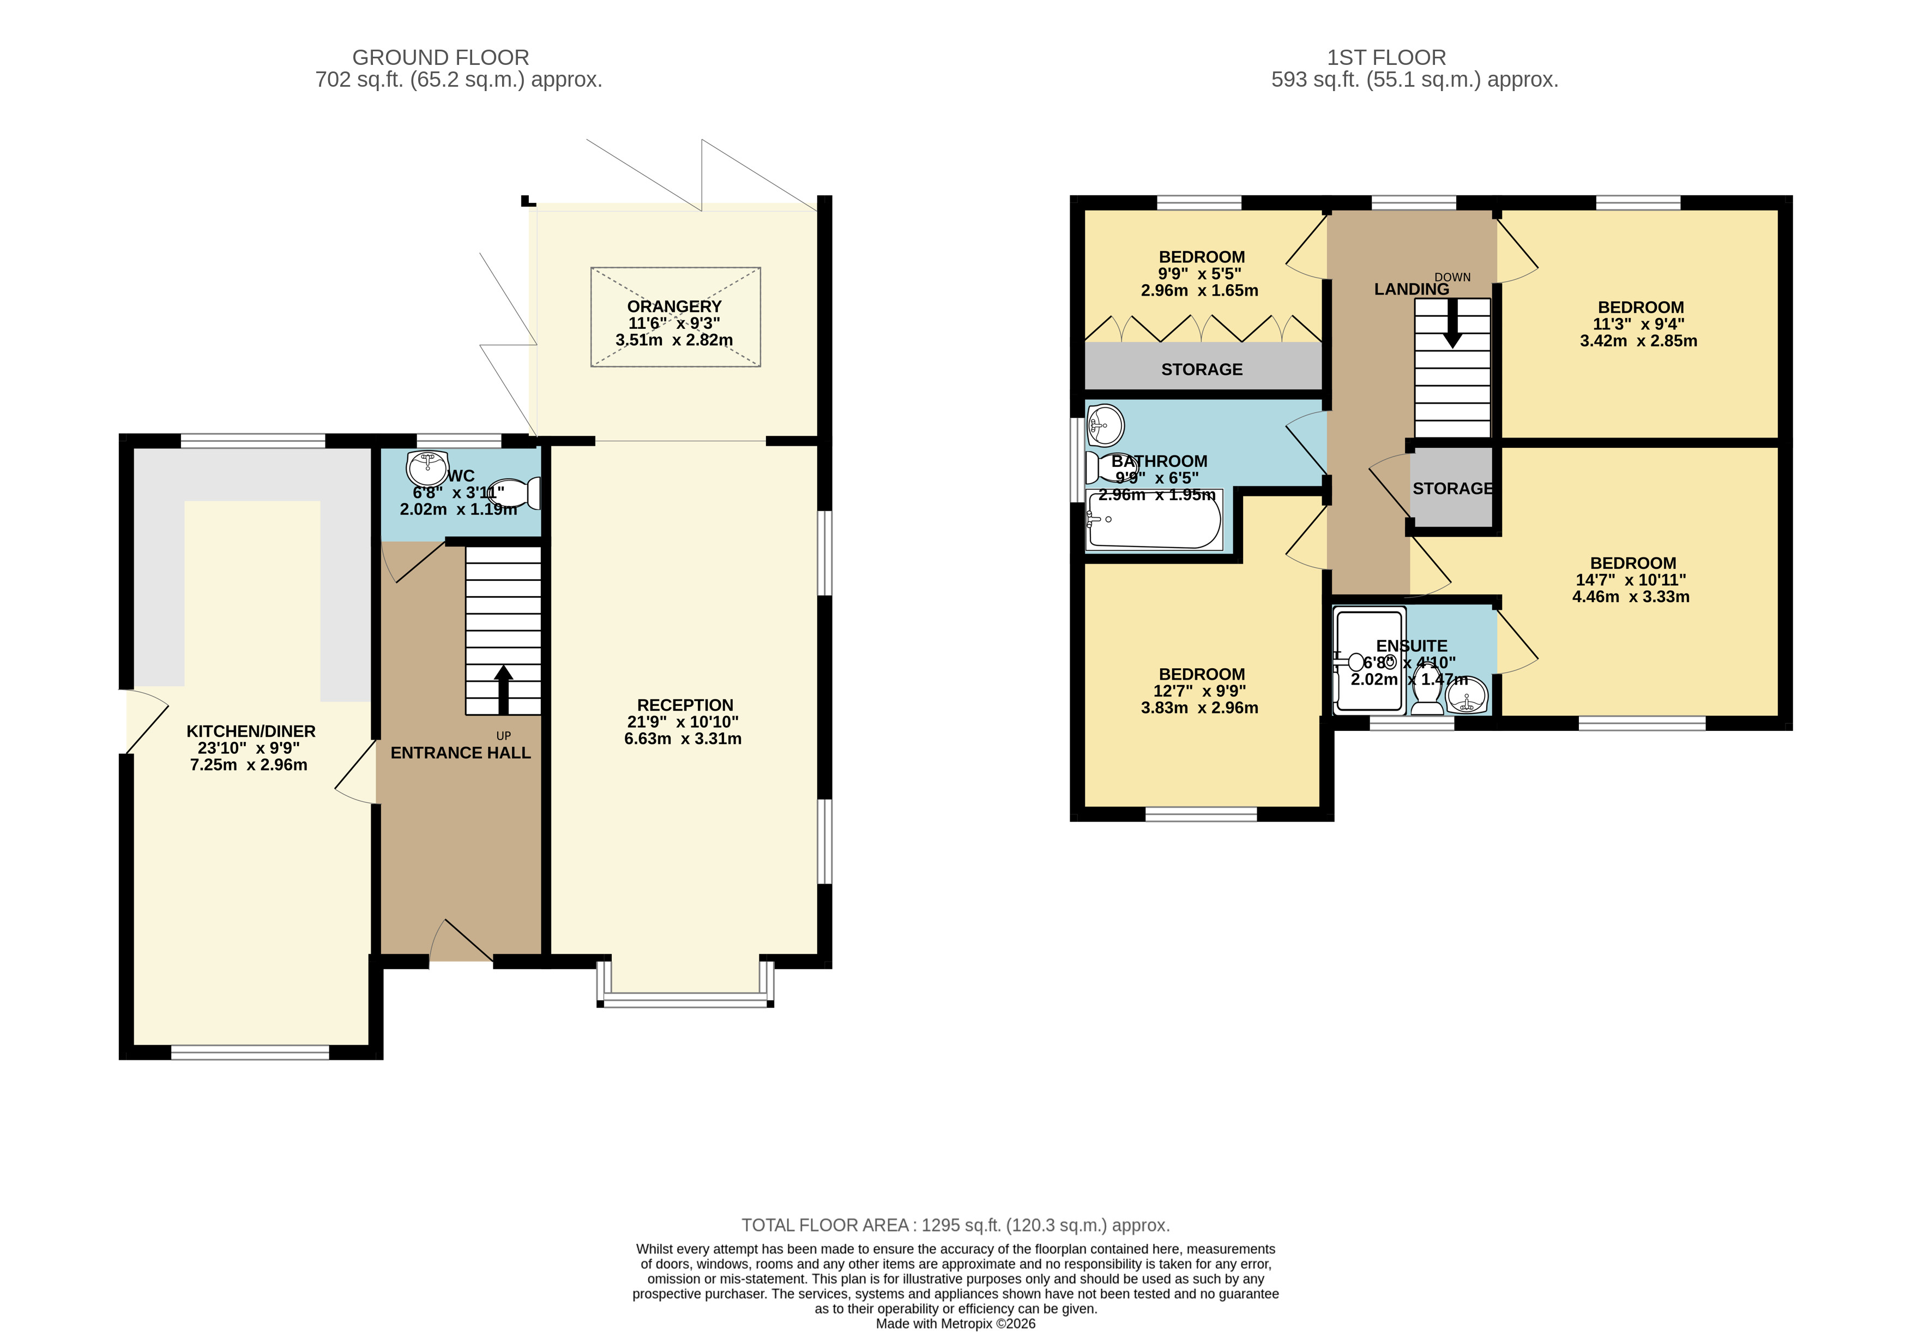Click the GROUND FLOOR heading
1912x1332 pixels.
click(x=441, y=57)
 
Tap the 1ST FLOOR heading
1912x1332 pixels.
click(x=1386, y=57)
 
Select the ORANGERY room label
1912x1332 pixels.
click(x=674, y=307)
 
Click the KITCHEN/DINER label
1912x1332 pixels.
click(x=251, y=731)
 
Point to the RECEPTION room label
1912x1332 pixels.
click(x=685, y=706)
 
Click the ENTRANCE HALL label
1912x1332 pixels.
click(x=461, y=753)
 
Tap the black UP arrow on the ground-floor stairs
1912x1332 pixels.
click(x=503, y=690)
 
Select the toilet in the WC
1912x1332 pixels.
click(x=515, y=493)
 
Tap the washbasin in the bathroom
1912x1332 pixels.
click(x=1106, y=425)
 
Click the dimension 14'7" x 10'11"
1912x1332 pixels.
click(x=1631, y=580)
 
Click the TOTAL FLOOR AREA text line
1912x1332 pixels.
click(x=956, y=1226)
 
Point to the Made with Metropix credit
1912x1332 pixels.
click(x=956, y=1324)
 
